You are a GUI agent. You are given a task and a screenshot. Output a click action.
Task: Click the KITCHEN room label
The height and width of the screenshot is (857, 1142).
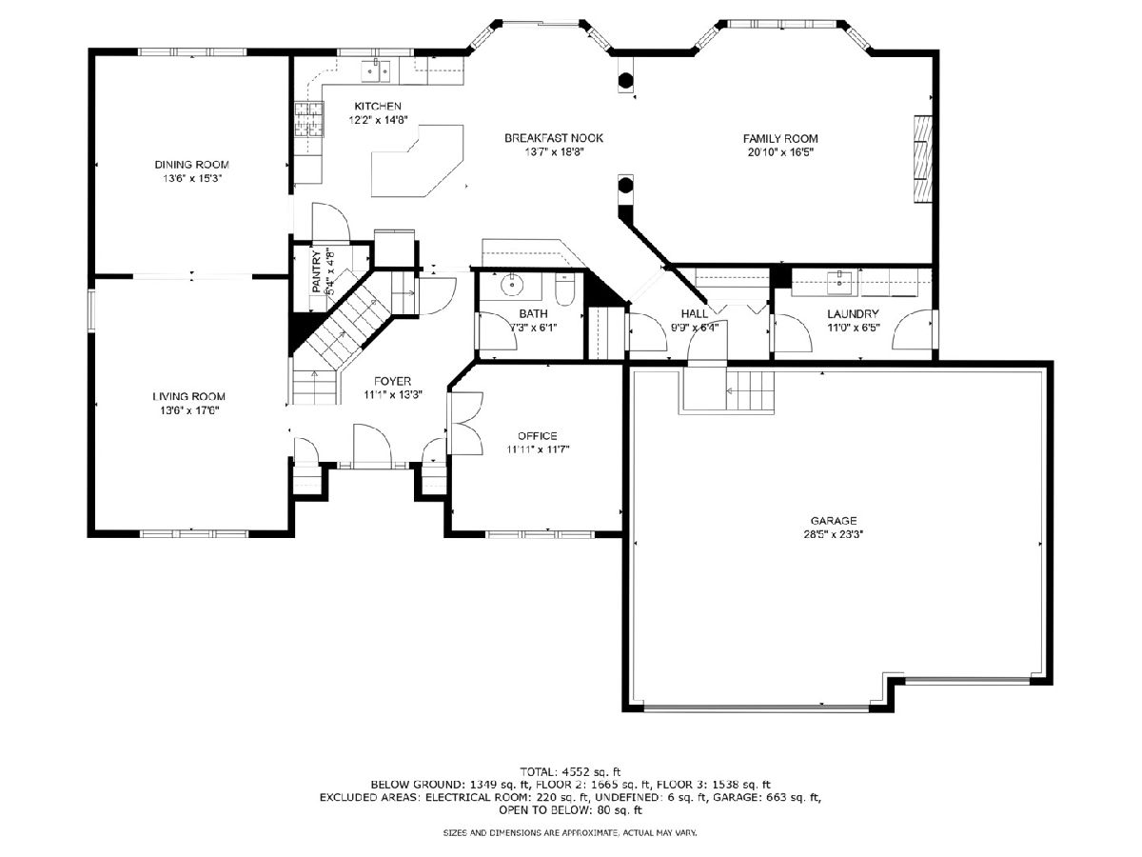(x=378, y=106)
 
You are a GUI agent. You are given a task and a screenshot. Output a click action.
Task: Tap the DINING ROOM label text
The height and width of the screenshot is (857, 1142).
(x=191, y=165)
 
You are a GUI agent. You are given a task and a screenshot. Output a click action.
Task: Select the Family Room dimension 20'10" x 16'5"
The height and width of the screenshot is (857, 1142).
(x=779, y=152)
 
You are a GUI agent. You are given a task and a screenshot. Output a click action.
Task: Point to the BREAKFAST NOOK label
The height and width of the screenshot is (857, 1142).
(x=554, y=138)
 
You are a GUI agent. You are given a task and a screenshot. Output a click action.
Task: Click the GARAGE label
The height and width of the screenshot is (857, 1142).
(x=834, y=520)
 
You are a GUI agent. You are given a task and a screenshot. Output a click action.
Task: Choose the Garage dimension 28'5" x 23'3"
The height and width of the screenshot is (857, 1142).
(x=834, y=534)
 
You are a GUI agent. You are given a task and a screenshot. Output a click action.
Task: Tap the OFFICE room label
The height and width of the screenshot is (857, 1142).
(x=538, y=436)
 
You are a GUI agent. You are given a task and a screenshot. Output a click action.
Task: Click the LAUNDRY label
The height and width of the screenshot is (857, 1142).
(x=853, y=314)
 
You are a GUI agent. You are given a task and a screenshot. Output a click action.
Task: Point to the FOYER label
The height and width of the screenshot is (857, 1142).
(x=392, y=382)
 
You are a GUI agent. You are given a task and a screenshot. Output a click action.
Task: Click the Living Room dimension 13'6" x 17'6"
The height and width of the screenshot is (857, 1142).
(x=189, y=410)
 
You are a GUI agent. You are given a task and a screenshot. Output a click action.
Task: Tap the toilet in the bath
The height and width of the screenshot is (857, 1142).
(x=564, y=289)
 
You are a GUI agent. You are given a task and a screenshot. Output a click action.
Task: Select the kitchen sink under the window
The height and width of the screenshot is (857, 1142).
(x=376, y=70)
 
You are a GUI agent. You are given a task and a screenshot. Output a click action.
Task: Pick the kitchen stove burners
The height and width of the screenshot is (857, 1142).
(x=309, y=120)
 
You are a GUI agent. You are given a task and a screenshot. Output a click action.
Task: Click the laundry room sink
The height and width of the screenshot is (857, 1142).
(x=839, y=283)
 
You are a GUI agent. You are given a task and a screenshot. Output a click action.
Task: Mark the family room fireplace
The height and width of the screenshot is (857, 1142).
(x=921, y=159)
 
